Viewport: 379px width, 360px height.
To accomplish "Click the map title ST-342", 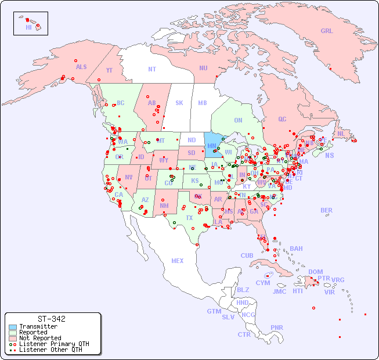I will (x=51, y=319).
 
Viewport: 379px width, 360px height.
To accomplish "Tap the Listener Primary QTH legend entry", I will (x=53, y=344).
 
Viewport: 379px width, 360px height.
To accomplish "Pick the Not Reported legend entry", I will (x=39, y=338).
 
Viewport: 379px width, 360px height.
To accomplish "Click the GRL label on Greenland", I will (x=327, y=31).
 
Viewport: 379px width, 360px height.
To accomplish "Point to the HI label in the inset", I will (x=28, y=27).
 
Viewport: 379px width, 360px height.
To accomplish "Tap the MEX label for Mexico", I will (x=178, y=261).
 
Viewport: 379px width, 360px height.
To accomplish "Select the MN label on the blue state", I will (x=212, y=146).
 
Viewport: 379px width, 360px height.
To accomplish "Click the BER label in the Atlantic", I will (x=327, y=210).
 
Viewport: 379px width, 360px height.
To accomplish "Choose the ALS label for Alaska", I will (x=81, y=67).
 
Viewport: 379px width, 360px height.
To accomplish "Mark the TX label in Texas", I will (x=189, y=218).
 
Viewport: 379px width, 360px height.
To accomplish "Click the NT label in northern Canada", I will (x=152, y=69).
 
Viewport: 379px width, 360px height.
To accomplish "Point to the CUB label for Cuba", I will (x=247, y=255).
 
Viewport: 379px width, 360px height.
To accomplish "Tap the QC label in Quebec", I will (x=282, y=120).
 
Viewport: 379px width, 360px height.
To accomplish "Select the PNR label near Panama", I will (x=277, y=327).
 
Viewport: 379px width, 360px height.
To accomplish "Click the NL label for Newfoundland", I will (x=341, y=134).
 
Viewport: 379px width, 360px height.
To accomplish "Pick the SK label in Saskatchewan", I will (x=179, y=103).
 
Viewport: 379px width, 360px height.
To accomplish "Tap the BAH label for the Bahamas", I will (x=296, y=249).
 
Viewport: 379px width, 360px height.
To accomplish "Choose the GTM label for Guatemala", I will (x=214, y=311).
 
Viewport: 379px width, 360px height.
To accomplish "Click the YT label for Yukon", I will (x=109, y=70).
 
